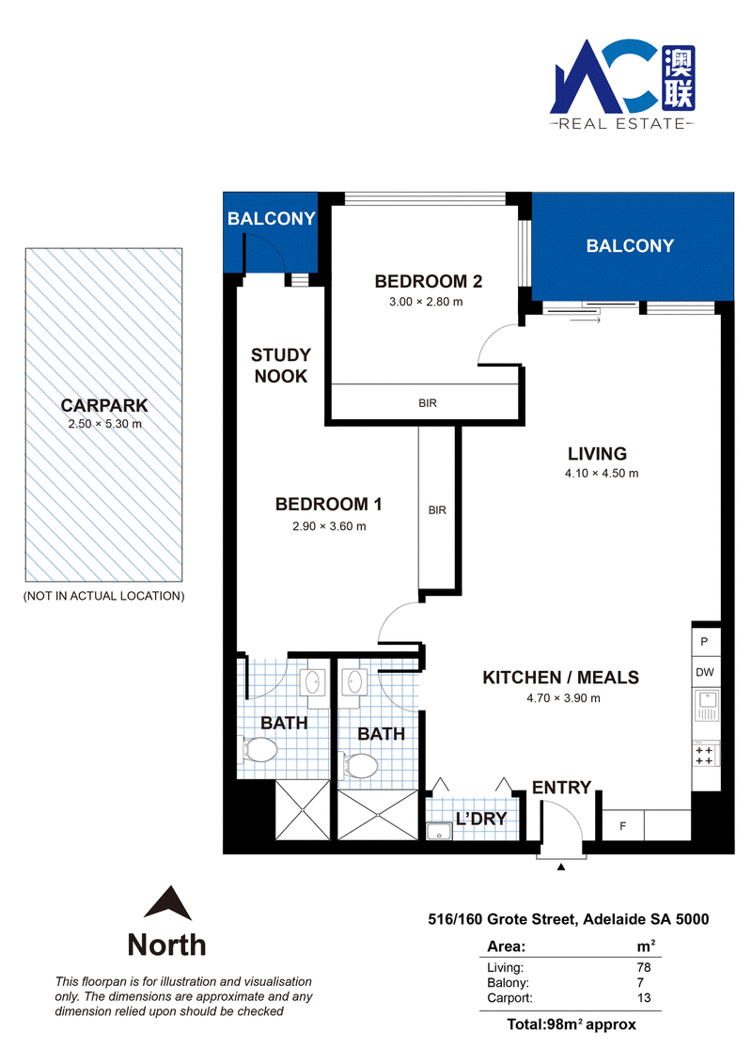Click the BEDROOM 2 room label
(x=428, y=281)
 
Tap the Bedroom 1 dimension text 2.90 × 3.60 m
(x=329, y=526)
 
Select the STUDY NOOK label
(x=281, y=366)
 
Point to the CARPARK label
(x=103, y=405)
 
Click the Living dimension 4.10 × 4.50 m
(x=602, y=473)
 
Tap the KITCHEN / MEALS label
(x=561, y=678)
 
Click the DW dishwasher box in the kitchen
(x=705, y=673)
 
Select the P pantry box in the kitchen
(x=705, y=641)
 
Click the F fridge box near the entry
(x=623, y=826)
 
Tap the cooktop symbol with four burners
(x=705, y=756)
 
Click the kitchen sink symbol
(x=705, y=705)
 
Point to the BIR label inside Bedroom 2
(x=427, y=403)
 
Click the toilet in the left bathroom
(x=260, y=750)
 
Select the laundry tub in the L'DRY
(x=439, y=831)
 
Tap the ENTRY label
(x=561, y=787)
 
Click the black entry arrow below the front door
(x=561, y=867)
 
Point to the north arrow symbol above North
(x=167, y=903)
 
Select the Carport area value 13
(x=644, y=998)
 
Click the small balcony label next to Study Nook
(x=272, y=218)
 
